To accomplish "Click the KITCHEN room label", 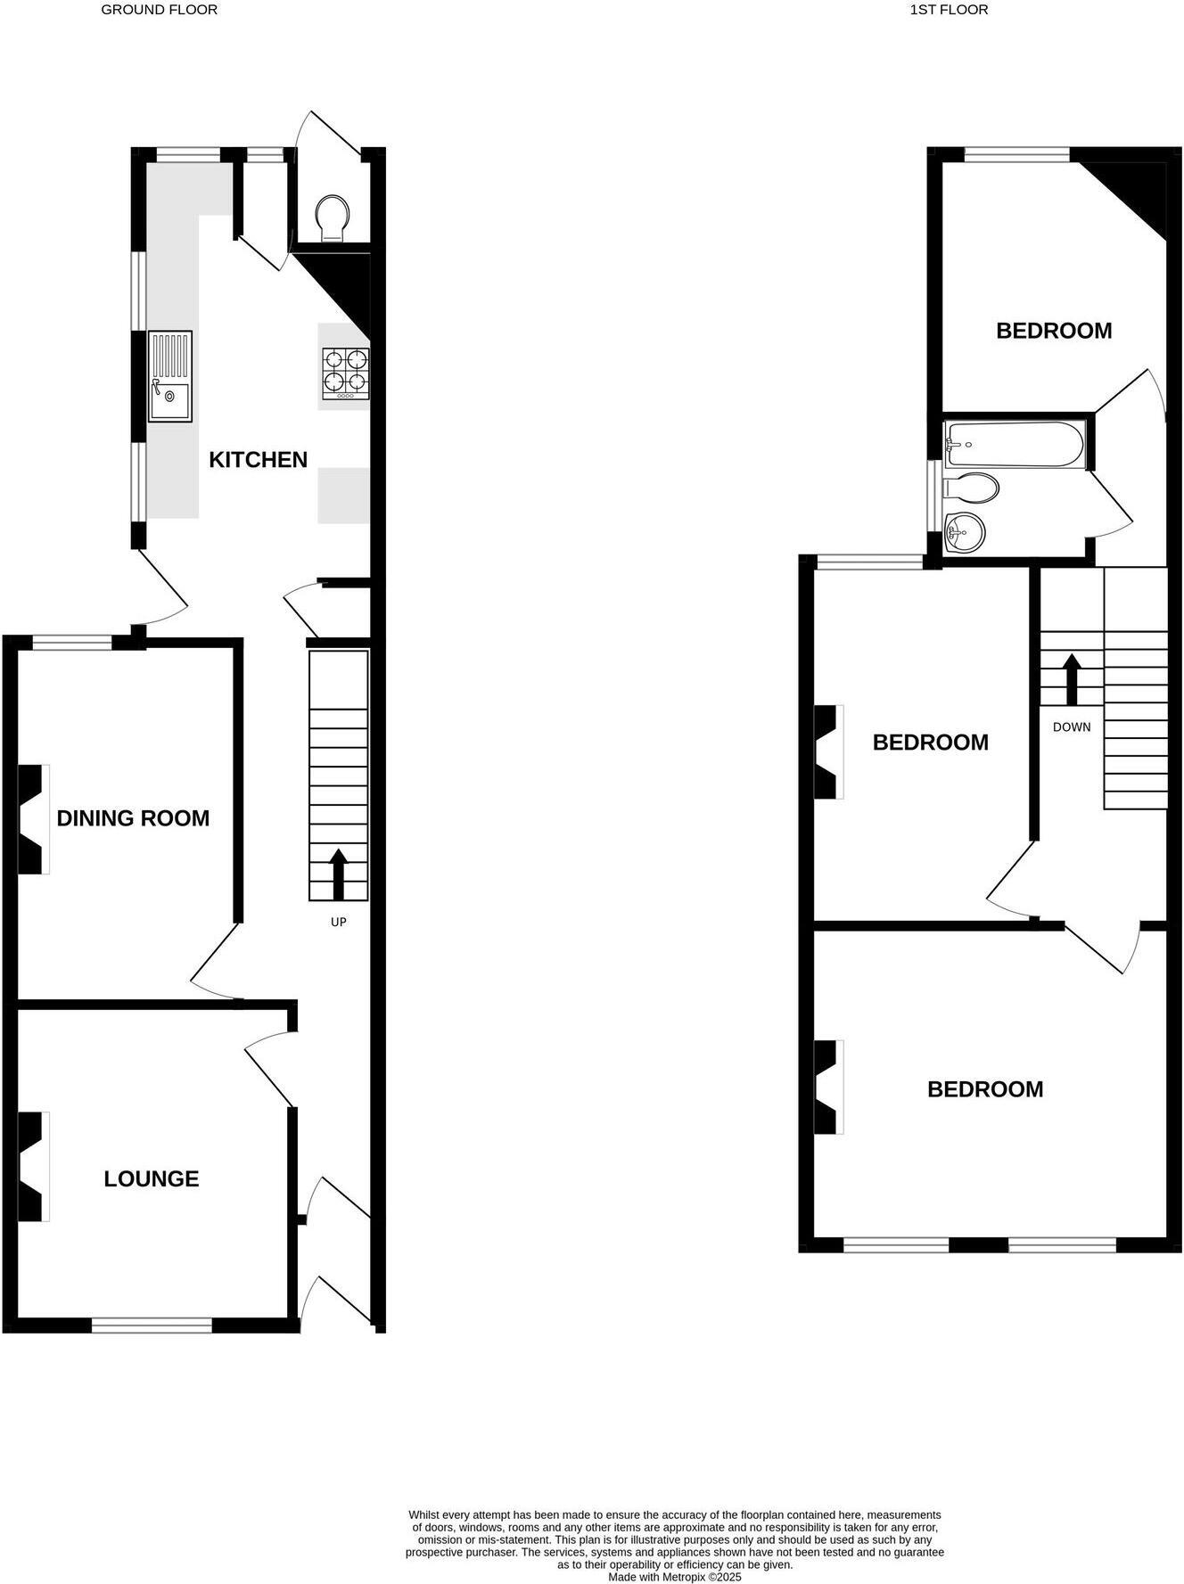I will click(x=258, y=460).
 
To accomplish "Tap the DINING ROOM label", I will click(x=133, y=818).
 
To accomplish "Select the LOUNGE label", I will click(x=152, y=1178).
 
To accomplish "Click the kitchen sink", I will click(x=169, y=375).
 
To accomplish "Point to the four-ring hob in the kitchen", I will click(x=346, y=373).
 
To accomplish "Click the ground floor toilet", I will click(x=333, y=217).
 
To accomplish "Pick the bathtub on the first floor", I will click(x=1015, y=444).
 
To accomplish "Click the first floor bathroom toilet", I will click(x=972, y=488).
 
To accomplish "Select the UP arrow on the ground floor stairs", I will click(x=338, y=874).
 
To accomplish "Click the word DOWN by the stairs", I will click(x=1072, y=727).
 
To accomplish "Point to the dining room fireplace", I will click(x=32, y=818).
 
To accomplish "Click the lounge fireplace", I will click(x=32, y=1166).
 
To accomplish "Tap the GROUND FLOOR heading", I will click(x=159, y=10).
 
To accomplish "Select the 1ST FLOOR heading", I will click(x=949, y=10).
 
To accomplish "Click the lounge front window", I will click(x=152, y=1325).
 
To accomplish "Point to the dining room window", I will click(x=72, y=642).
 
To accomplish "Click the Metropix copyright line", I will click(x=674, y=1577).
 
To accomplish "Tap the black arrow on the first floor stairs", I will click(x=1072, y=679).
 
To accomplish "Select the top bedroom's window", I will click(x=1016, y=155).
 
